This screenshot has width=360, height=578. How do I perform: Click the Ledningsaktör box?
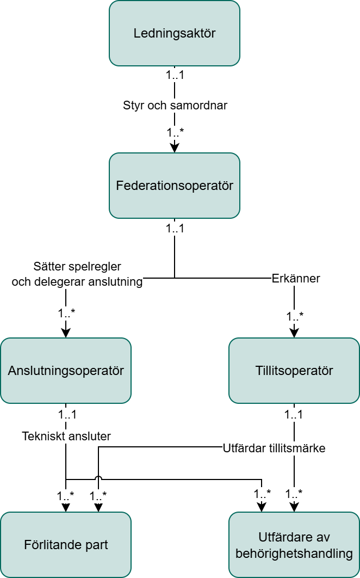(x=175, y=33)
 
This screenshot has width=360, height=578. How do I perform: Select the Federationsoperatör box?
(x=175, y=186)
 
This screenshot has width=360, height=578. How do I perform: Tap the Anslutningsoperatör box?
(x=66, y=371)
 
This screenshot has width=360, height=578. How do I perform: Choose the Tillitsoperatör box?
(x=294, y=371)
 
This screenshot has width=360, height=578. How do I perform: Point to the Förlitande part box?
(x=66, y=544)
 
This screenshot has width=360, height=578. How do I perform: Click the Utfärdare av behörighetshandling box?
(x=294, y=544)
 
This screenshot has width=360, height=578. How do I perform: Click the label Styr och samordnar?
(x=175, y=106)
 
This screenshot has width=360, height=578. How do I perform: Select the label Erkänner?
(x=296, y=278)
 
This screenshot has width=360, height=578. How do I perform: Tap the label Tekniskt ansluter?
(x=66, y=436)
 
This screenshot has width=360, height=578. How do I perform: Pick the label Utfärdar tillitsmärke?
(x=274, y=448)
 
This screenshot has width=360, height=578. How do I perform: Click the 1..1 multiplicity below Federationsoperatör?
(x=175, y=229)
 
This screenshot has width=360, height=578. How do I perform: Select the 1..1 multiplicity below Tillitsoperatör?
(x=294, y=414)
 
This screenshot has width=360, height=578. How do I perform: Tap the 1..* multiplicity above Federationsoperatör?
(x=175, y=132)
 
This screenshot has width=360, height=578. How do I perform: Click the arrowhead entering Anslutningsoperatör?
(x=66, y=333)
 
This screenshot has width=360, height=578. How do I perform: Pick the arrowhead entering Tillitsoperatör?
(x=294, y=333)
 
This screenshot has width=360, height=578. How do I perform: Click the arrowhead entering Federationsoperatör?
(x=175, y=147)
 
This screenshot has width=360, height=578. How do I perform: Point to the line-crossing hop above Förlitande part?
(x=98, y=478)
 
